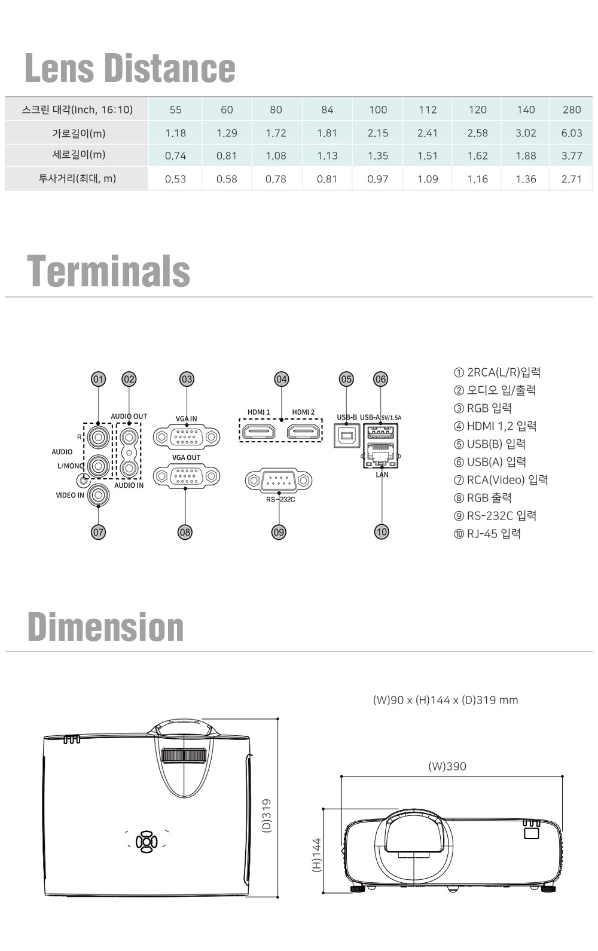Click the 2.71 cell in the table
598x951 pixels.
(571, 179)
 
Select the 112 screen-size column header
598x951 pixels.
(427, 109)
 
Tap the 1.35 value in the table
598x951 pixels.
(377, 156)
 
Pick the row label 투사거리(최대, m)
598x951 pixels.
(77, 178)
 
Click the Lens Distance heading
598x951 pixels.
(130, 68)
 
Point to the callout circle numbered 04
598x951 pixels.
(282, 379)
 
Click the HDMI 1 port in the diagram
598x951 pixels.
(259, 432)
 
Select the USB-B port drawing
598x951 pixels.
(347, 435)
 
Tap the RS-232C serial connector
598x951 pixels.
(279, 480)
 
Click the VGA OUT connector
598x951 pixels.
(187, 476)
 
